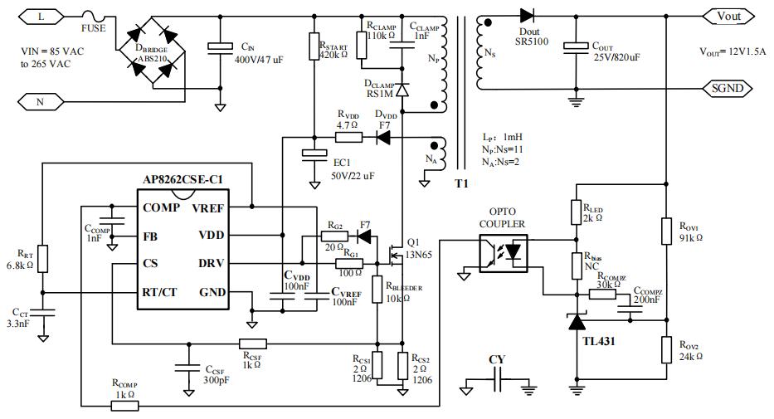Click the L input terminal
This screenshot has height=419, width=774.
(x=41, y=16)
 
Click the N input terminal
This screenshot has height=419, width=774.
(x=41, y=101)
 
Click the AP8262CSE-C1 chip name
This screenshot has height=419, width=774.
(x=180, y=179)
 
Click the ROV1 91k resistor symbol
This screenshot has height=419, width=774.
(x=666, y=231)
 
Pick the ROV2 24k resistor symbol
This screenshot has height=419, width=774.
(x=666, y=350)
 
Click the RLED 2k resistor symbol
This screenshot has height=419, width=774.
(x=574, y=212)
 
